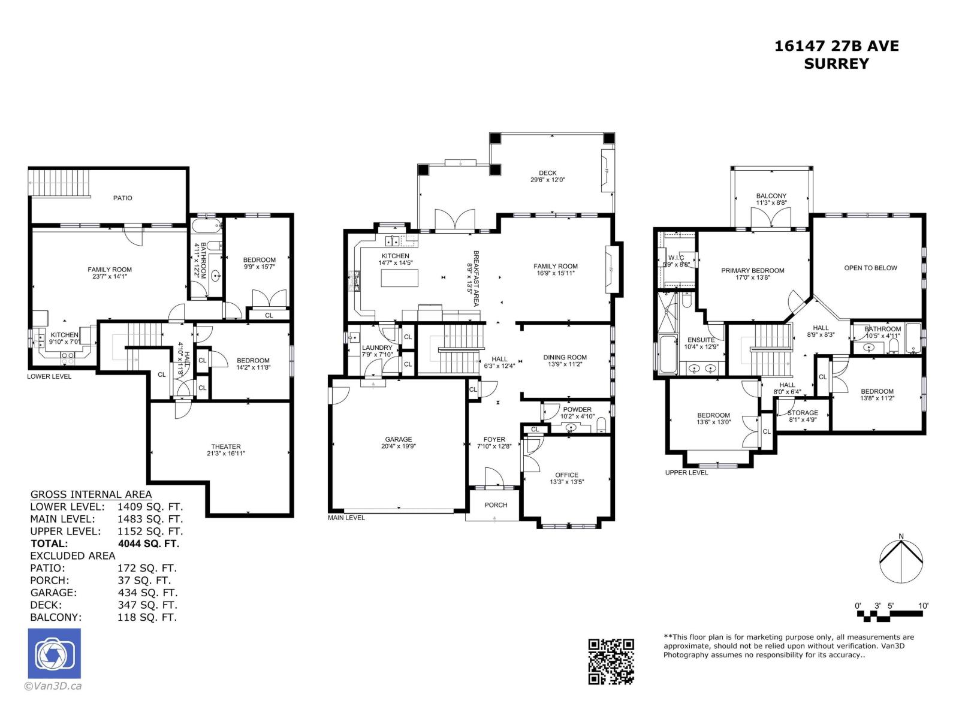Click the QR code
click(611, 661)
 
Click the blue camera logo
click(54, 653)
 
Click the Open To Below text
click(870, 268)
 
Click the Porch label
click(496, 505)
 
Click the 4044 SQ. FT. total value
click(149, 543)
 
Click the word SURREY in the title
click(837, 64)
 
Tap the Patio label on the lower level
click(122, 198)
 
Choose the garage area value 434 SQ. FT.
click(147, 593)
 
